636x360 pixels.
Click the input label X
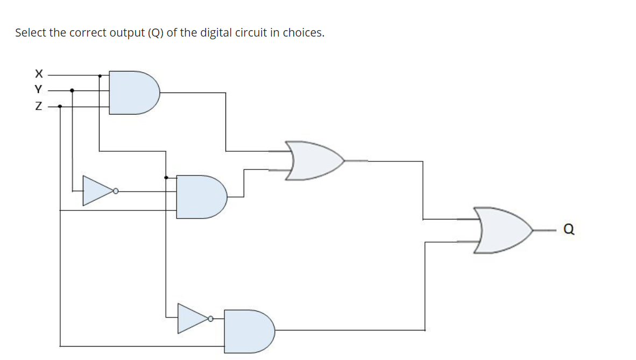38,73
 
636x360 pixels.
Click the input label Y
38,89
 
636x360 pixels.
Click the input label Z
38,107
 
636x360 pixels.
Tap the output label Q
569,230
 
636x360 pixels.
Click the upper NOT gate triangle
96,190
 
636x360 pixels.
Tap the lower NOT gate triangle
192,318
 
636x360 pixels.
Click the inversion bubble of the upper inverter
115,190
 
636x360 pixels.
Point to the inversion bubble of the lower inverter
211,319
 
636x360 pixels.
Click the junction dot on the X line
100,75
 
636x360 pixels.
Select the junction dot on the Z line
60,107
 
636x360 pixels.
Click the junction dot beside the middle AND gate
166,177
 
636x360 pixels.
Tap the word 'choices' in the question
303,33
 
